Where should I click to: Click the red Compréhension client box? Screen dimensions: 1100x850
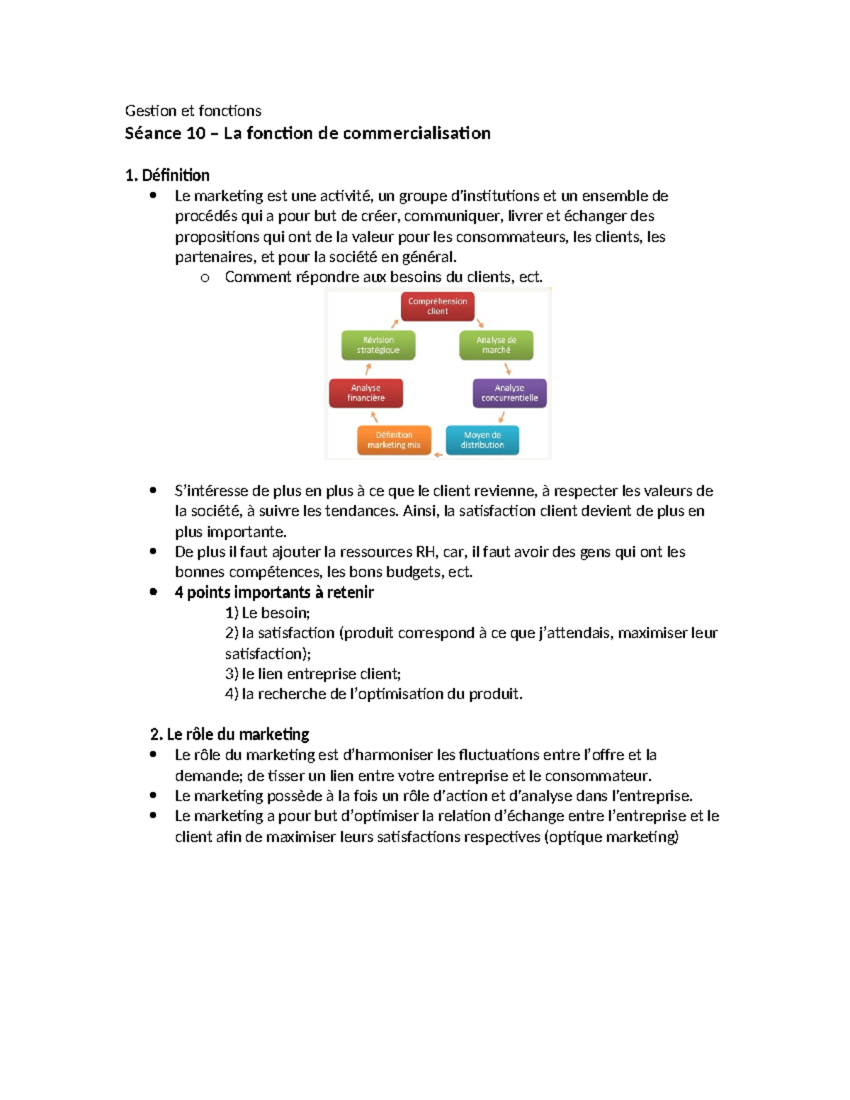click(x=437, y=307)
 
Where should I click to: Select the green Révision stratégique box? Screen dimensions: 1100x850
click(x=378, y=345)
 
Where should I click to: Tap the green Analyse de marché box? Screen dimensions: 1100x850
click(x=496, y=345)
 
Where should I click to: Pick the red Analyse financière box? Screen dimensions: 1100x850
click(x=365, y=393)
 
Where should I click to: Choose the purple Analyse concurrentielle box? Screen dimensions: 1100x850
click(x=509, y=393)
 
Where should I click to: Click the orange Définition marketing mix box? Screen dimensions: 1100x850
click(x=394, y=440)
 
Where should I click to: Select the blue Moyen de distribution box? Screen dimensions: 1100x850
click(x=482, y=440)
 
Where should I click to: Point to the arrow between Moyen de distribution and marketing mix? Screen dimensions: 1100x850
click(x=438, y=454)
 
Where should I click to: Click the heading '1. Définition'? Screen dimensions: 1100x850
click(x=167, y=175)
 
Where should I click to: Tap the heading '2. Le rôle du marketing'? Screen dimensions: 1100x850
click(x=229, y=734)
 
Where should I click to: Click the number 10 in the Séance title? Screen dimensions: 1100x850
click(x=196, y=133)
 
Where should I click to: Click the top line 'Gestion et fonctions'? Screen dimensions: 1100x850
click(x=193, y=110)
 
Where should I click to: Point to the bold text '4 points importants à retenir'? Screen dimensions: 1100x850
click(x=274, y=592)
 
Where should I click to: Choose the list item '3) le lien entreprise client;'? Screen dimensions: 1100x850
click(x=312, y=674)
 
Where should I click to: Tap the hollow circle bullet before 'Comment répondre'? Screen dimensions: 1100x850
click(x=205, y=278)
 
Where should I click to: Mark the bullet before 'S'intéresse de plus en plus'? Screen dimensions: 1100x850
click(x=153, y=490)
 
